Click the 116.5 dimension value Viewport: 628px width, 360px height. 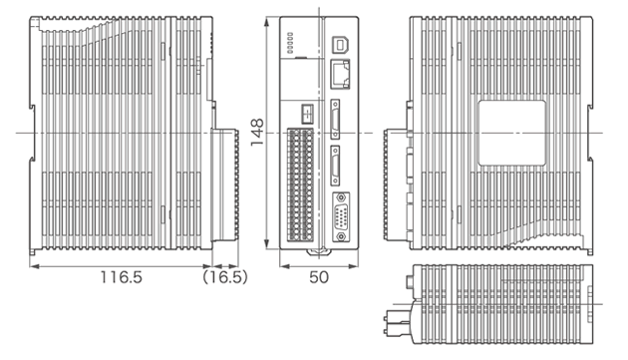tap(120, 278)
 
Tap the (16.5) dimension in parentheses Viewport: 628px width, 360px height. tap(225, 278)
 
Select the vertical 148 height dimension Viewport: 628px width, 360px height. tap(257, 133)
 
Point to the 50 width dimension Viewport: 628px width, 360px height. tap(318, 278)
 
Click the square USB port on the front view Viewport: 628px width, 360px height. tap(339, 45)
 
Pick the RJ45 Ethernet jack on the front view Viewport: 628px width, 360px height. tap(339, 72)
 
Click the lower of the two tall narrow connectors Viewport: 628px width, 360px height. tap(337, 163)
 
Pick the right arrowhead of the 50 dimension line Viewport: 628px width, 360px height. tap(358, 266)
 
